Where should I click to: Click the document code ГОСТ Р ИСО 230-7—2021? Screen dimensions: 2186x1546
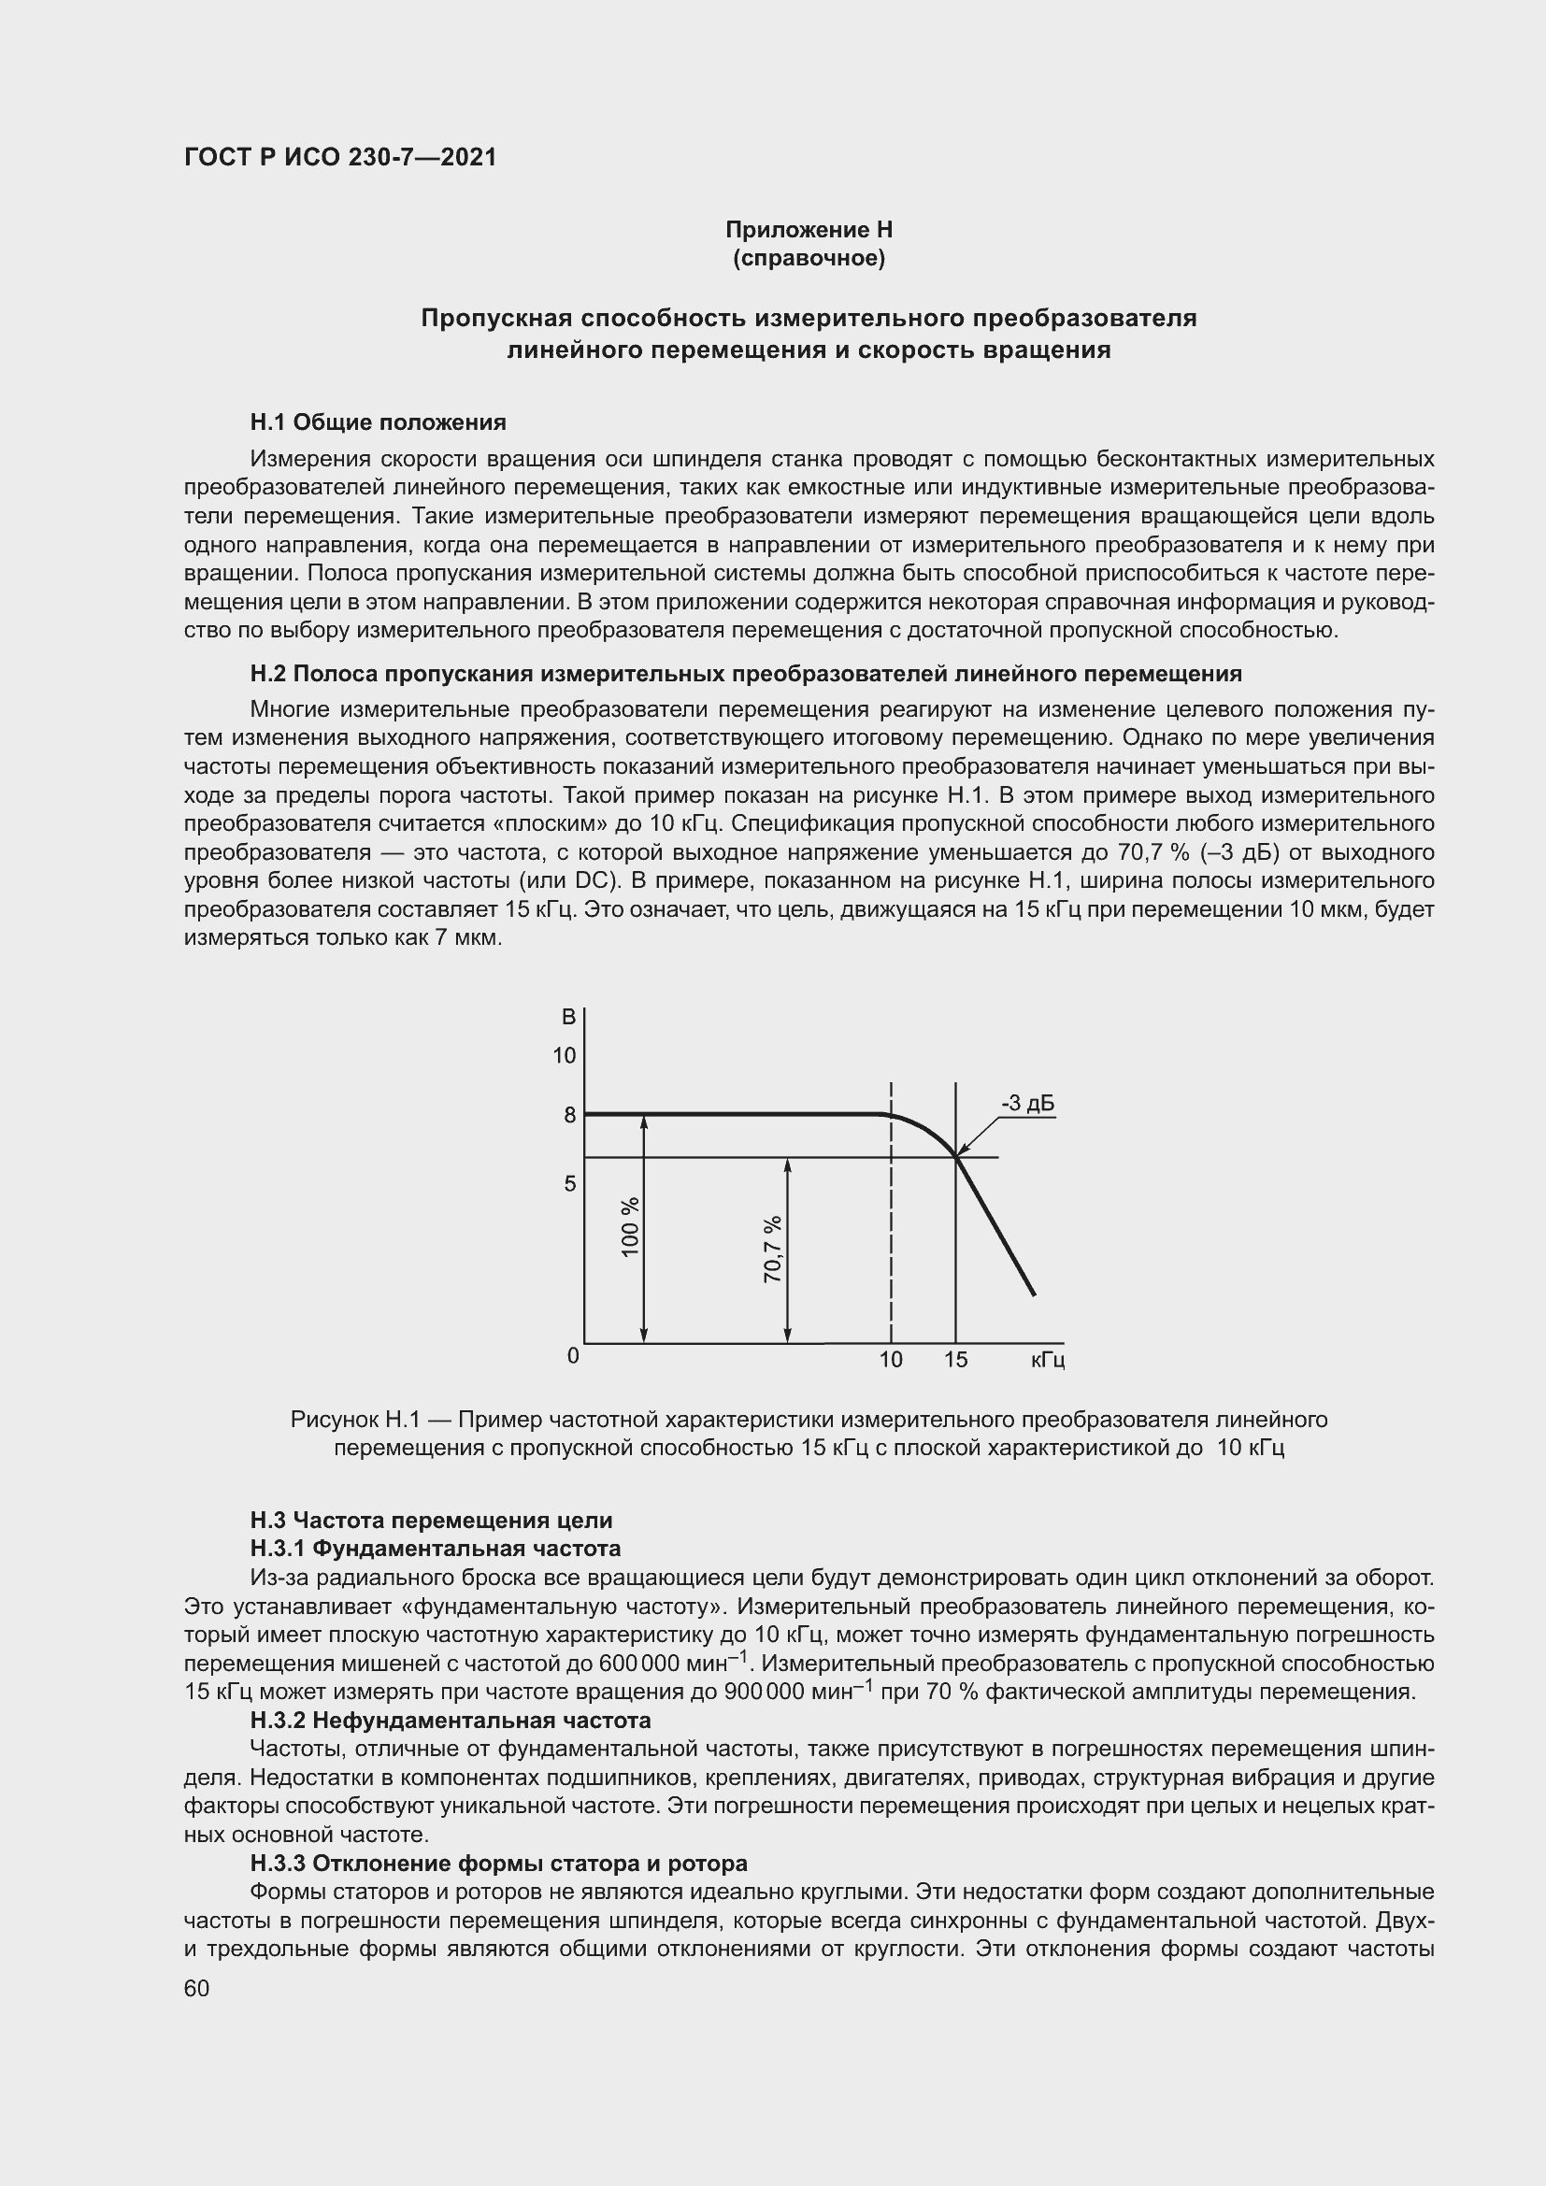pos(340,158)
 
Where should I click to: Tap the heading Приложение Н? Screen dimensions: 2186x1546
pos(809,230)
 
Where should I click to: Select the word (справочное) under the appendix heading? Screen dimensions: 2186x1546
pos(809,259)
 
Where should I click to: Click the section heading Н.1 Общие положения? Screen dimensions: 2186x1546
pos(378,421)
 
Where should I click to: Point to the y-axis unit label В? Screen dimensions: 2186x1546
pos(568,1018)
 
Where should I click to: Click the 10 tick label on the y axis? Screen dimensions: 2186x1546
pos(565,1056)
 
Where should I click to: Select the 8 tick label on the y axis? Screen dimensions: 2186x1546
pos(569,1115)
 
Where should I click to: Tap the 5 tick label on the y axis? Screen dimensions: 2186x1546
pos(569,1184)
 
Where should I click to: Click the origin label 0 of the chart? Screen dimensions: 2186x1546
pos(572,1356)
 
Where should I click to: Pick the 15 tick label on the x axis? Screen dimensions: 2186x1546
pos(956,1361)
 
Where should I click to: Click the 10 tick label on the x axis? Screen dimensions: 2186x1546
pos(890,1361)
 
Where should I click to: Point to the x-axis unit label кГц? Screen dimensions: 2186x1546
pos(1047,1361)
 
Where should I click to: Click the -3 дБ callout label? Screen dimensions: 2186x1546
pos(1027,1105)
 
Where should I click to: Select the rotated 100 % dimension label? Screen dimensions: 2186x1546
pos(630,1228)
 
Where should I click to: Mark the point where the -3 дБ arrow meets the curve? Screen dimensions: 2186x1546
pos(956,1157)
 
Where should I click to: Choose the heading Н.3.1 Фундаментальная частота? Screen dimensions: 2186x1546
pos(435,1549)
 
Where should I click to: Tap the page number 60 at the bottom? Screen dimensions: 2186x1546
pos(196,1989)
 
